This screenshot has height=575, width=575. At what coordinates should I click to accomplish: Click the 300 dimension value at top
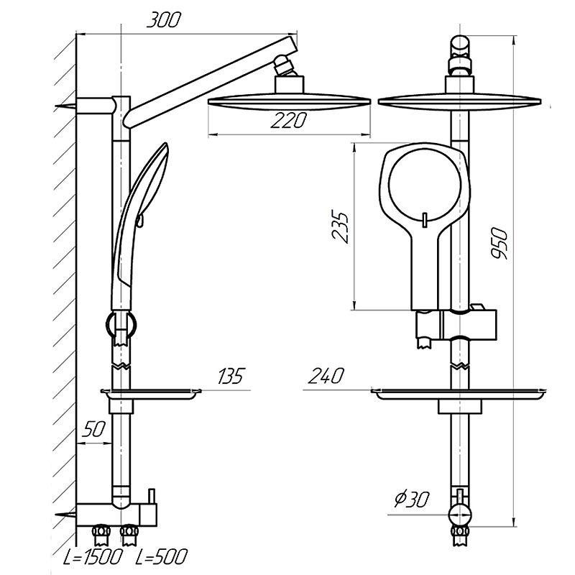pyautogui.click(x=164, y=20)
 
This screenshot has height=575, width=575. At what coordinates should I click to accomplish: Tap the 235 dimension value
pyautogui.click(x=340, y=226)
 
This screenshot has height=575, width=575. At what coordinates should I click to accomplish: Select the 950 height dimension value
pyautogui.click(x=500, y=243)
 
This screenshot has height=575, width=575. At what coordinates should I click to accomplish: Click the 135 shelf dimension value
pyautogui.click(x=231, y=375)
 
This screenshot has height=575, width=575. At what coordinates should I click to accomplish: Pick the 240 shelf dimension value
pyautogui.click(x=326, y=375)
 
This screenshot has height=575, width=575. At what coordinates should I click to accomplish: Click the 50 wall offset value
pyautogui.click(x=93, y=429)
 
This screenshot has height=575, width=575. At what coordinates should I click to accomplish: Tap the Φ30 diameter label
pyautogui.click(x=411, y=499)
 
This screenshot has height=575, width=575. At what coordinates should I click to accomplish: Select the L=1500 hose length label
pyautogui.click(x=92, y=556)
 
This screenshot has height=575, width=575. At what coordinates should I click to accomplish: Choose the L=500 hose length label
pyautogui.click(x=161, y=556)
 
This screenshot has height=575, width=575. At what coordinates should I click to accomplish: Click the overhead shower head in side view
pyautogui.click(x=290, y=97)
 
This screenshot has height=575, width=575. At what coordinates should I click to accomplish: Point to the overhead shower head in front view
pyautogui.click(x=460, y=97)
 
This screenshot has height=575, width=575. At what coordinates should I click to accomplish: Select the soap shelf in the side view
pyautogui.click(x=151, y=394)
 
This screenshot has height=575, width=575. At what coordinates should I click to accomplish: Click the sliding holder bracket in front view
pyautogui.click(x=456, y=324)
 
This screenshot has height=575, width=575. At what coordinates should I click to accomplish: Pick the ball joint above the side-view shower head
pyautogui.click(x=283, y=65)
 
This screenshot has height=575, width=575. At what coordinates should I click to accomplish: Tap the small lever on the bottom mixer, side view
pyautogui.click(x=151, y=496)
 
